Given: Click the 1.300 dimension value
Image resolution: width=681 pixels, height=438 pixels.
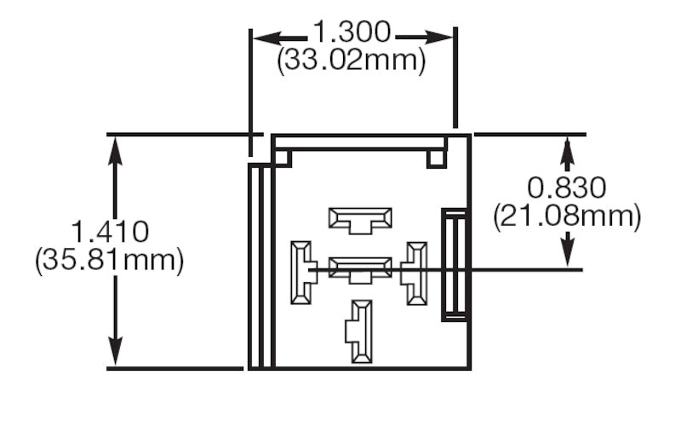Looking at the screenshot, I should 352,34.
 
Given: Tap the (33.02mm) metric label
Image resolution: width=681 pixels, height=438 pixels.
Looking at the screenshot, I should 352,61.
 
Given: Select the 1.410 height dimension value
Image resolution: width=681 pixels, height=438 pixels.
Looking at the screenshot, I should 110,232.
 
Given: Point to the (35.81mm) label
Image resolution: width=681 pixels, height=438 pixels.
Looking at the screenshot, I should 110,259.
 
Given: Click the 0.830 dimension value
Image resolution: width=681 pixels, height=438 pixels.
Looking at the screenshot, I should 567,187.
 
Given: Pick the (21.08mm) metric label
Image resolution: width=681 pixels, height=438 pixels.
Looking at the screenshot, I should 567,216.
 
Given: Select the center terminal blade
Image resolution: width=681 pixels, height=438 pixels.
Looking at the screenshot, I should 360,269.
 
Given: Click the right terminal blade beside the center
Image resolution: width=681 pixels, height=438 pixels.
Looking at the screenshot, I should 416,272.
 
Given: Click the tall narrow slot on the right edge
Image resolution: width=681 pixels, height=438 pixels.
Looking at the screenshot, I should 454,265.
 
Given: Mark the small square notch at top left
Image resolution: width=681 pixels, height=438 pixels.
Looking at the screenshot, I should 283,158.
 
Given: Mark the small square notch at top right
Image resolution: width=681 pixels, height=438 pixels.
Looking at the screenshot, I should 437,158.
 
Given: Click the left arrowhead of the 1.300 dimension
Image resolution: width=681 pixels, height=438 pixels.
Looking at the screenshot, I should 260,37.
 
